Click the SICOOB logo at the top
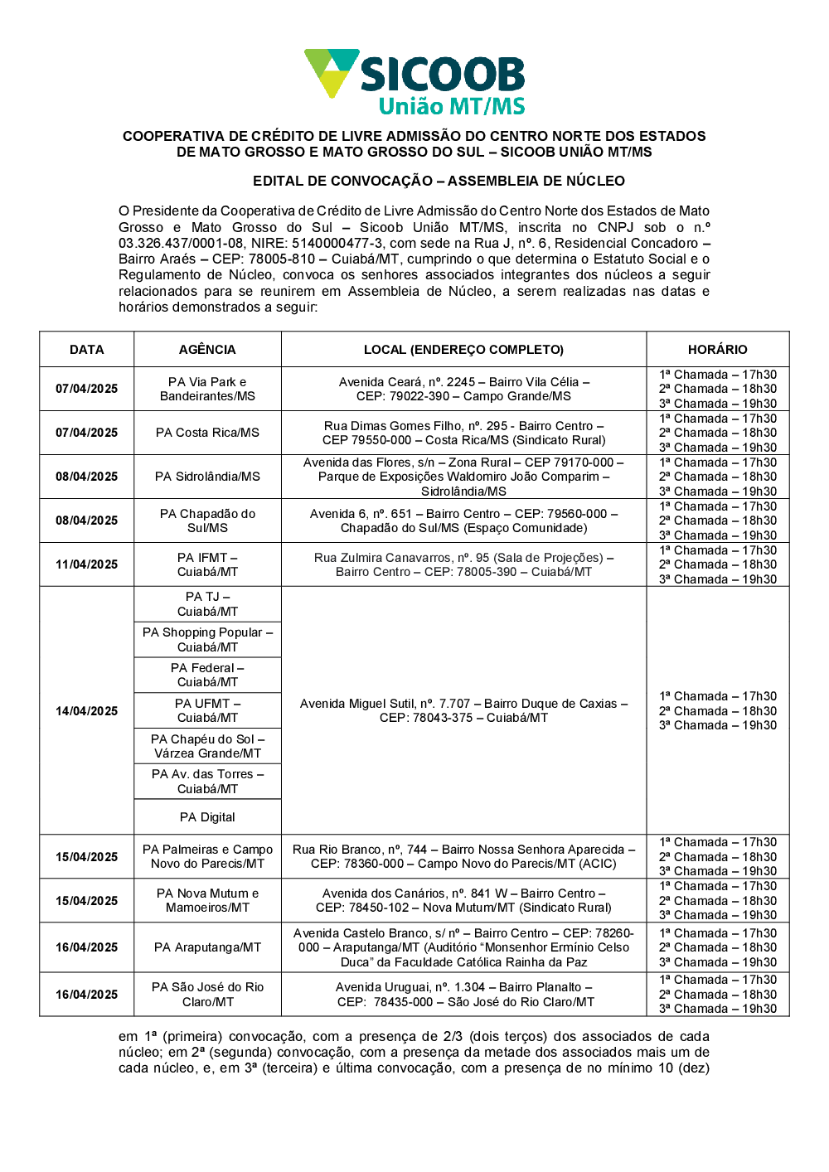tap(414, 81)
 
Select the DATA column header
tap(87, 350)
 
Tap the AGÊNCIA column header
tap(207, 350)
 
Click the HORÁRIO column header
tap(717, 350)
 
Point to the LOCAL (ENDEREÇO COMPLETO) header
tap(463, 350)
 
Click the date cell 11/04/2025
tap(87, 564)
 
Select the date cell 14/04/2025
tap(87, 711)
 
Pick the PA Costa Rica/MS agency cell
tap(207, 433)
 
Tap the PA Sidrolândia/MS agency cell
tap(207, 477)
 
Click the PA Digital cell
tap(207, 817)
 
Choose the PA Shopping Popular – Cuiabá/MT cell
tap(207, 640)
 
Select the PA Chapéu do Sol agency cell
tap(207, 746)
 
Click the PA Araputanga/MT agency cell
tap(207, 947)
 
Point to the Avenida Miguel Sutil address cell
tap(463, 710)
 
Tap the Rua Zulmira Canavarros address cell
tap(463, 564)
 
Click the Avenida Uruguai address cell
tap(463, 995)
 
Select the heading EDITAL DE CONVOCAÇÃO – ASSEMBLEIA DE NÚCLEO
tap(439, 181)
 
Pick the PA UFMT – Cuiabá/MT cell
tap(207, 710)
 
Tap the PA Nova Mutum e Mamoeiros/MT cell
tap(207, 900)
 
